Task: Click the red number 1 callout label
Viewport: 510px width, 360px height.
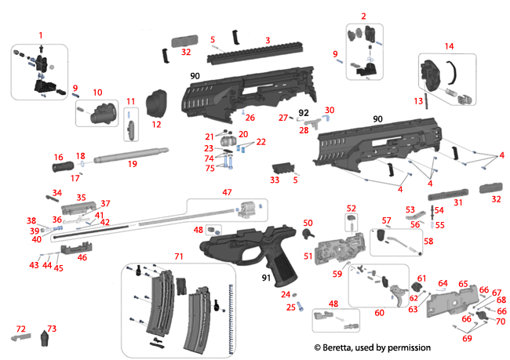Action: point(41,35)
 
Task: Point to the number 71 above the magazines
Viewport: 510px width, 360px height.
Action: point(178,256)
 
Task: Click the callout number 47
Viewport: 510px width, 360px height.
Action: point(227,192)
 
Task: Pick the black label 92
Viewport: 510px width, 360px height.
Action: point(302,114)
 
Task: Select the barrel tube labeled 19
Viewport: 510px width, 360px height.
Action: point(129,154)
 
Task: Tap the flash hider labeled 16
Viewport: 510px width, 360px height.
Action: point(61,167)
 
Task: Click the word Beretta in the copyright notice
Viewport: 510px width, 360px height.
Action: point(340,347)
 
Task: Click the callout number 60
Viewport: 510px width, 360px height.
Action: point(381,313)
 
